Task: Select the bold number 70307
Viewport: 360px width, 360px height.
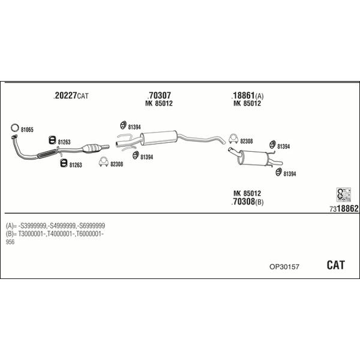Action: (159, 95)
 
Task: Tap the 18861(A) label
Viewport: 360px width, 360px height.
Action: (247, 96)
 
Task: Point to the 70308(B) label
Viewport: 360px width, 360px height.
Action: (247, 202)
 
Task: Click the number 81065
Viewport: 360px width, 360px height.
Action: (27, 130)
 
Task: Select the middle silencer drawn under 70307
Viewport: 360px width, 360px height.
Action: (161, 136)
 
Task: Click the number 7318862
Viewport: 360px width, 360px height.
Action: (344, 208)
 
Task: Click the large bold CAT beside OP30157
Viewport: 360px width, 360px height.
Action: (336, 265)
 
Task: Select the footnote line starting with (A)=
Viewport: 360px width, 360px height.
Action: (55, 224)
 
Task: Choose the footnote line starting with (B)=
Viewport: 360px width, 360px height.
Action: (55, 233)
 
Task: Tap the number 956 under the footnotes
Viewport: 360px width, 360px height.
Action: (10, 242)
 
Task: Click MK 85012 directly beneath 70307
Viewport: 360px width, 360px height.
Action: (159, 104)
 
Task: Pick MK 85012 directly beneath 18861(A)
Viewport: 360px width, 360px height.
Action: (247, 104)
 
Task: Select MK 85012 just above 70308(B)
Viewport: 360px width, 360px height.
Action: (247, 193)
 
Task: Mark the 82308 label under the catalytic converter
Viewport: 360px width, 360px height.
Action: (116, 164)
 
